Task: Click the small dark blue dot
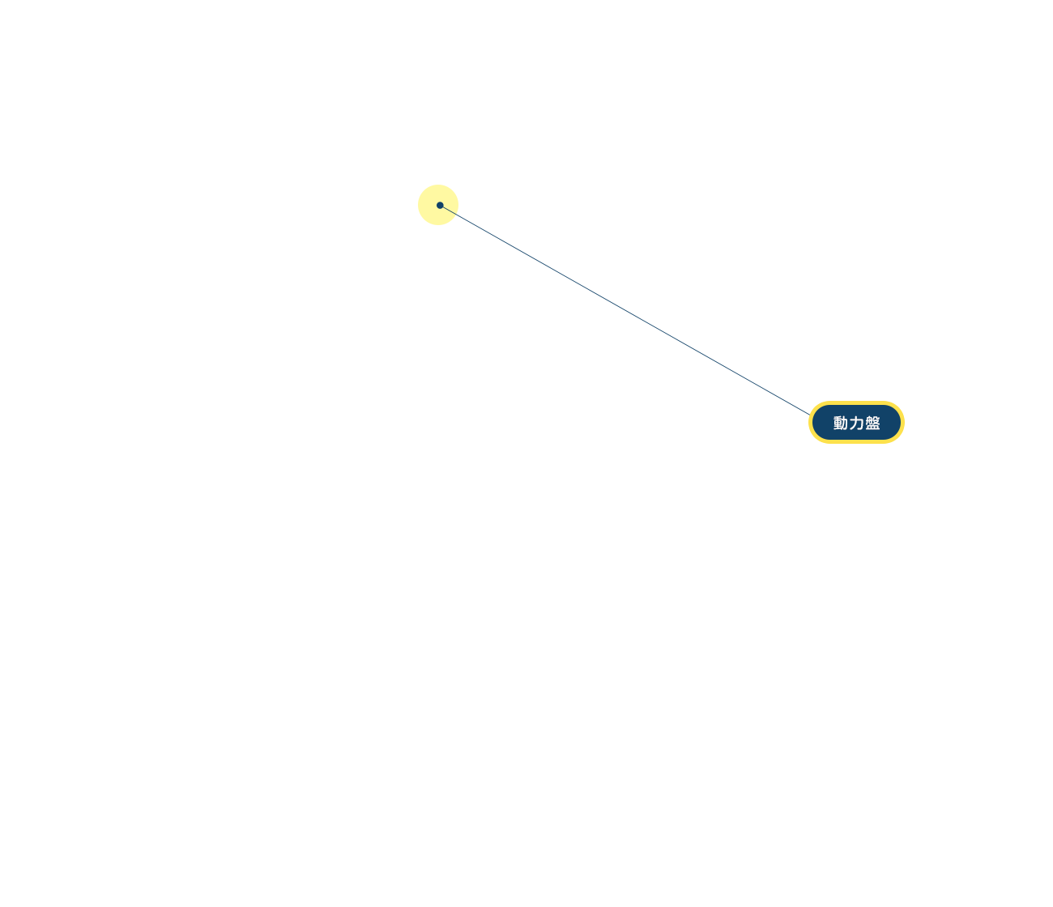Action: pyautogui.click(x=440, y=205)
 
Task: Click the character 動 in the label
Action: pyautogui.click(x=840, y=423)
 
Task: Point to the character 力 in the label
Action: pyautogui.click(x=856, y=423)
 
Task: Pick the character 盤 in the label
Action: pyautogui.click(x=872, y=423)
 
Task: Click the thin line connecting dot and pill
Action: pyautogui.click(x=625, y=310)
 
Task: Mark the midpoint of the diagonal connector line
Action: pyautogui.click(x=625, y=310)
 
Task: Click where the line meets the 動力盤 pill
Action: pyautogui.click(x=809, y=414)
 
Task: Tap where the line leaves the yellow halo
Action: pyautogui.click(x=456, y=215)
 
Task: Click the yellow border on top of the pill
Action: pyautogui.click(x=856, y=402)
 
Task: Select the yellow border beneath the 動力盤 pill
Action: pyautogui.click(x=856, y=441)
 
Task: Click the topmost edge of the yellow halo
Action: pyautogui.click(x=438, y=185)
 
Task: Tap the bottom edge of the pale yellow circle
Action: pyautogui.click(x=438, y=224)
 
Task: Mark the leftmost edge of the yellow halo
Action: pyautogui.click(x=418, y=205)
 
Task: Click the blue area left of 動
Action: pyautogui.click(x=822, y=422)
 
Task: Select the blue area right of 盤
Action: pyautogui.click(x=890, y=422)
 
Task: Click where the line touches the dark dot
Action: pyautogui.click(x=443, y=207)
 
